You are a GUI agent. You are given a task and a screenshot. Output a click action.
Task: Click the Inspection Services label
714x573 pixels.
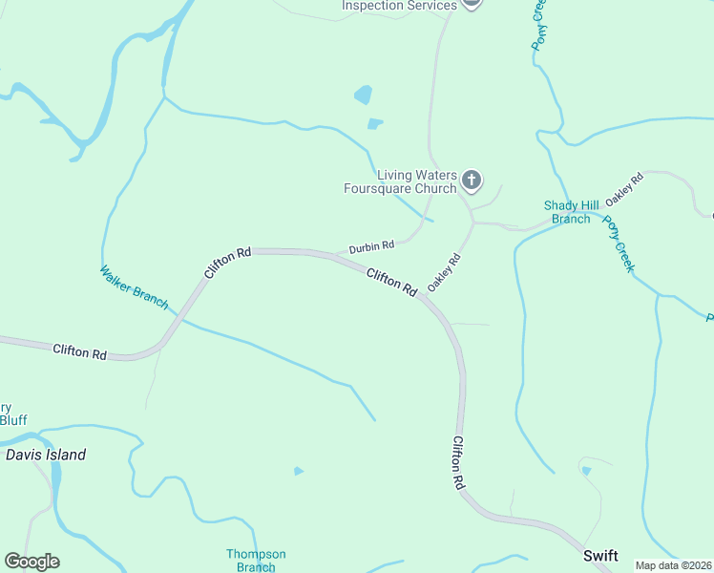coord(400,6)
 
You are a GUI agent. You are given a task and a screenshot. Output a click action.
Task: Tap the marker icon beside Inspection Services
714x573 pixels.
coord(471,3)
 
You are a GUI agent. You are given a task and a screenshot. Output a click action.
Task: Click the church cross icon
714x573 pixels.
coord(471,180)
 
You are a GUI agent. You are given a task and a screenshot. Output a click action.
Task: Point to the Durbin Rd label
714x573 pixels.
coord(371,247)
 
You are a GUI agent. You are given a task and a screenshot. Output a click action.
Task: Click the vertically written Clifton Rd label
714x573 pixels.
coord(458,463)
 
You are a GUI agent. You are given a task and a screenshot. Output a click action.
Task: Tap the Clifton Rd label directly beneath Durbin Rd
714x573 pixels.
coord(392,281)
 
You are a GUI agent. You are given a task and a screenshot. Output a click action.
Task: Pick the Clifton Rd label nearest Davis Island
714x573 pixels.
coord(80,352)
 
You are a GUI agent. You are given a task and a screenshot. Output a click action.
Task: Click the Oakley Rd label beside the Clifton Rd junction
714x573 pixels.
coord(444,272)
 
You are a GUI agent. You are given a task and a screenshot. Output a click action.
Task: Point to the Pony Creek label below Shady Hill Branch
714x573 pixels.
coord(618,244)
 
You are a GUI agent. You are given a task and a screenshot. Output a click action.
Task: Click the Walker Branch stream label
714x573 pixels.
coord(134,287)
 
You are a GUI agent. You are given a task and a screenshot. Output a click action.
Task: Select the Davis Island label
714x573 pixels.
coord(46,455)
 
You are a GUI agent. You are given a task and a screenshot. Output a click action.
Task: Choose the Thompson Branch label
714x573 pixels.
coord(256,561)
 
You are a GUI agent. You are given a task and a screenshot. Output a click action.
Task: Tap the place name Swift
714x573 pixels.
coord(600,556)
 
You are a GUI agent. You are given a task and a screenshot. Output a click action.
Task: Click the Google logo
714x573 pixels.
coord(31,562)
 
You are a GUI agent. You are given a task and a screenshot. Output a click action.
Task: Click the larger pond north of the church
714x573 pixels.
coord(363,95)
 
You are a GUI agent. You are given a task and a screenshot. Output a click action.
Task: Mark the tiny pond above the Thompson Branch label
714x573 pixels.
coord(299,471)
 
